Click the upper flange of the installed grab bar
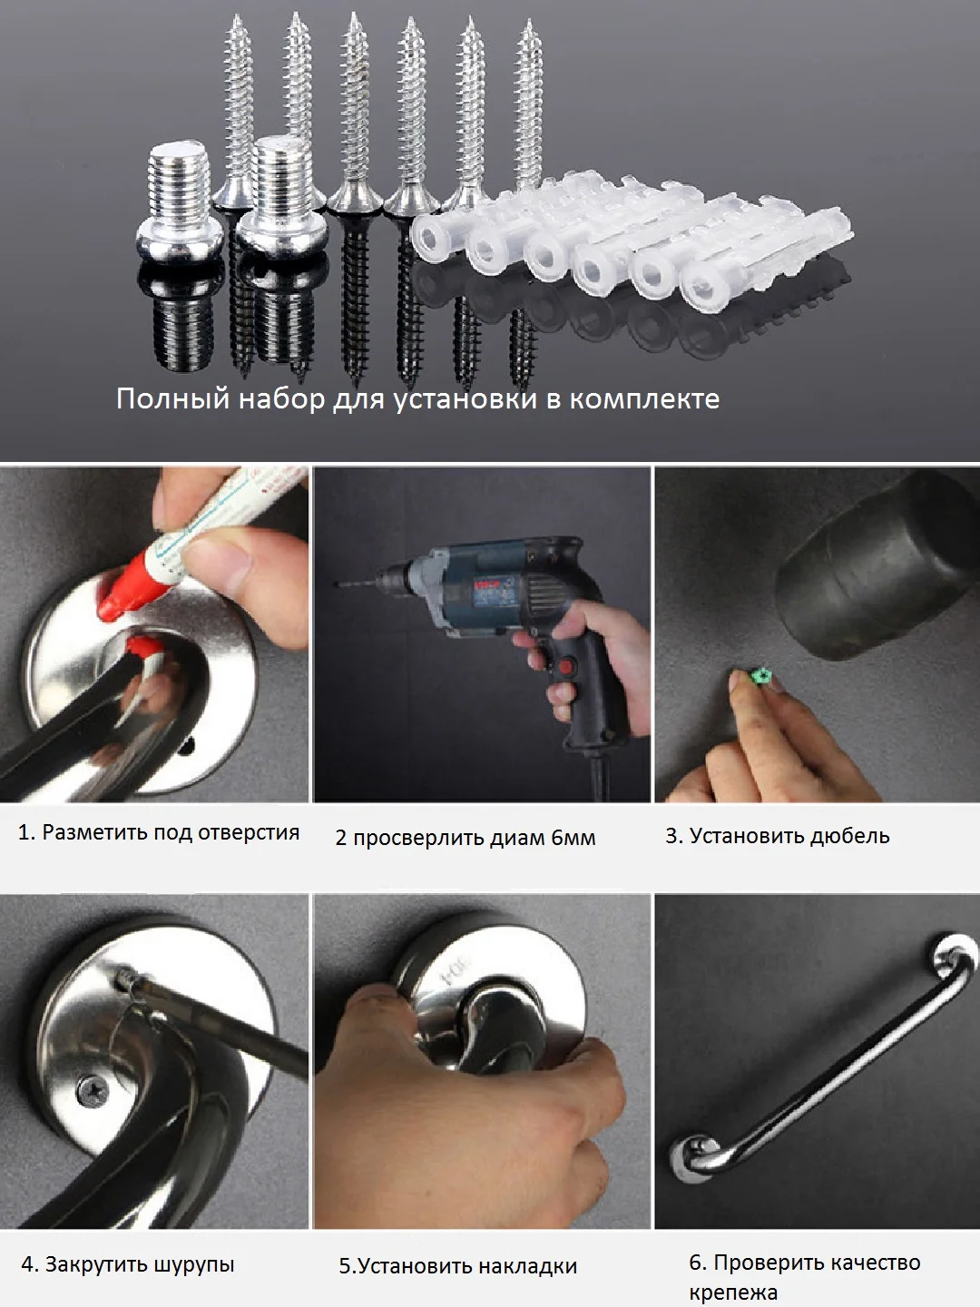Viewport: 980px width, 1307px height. (954, 962)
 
